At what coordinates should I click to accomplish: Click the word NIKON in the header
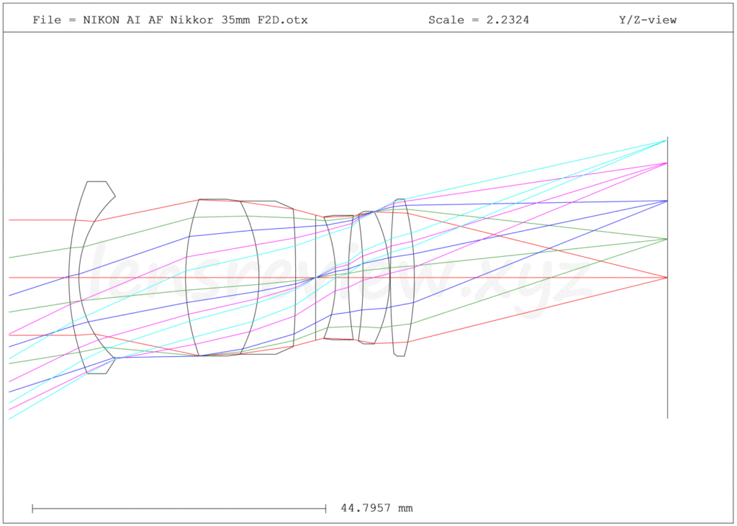click(98, 19)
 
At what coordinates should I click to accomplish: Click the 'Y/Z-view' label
click(648, 19)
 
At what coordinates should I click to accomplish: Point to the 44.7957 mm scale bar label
click(376, 508)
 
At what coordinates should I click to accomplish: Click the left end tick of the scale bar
click(32, 508)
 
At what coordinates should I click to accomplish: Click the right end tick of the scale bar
click(326, 508)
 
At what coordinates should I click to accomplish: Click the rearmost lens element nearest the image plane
click(402, 277)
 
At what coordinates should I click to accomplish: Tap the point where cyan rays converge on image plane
click(667, 140)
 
